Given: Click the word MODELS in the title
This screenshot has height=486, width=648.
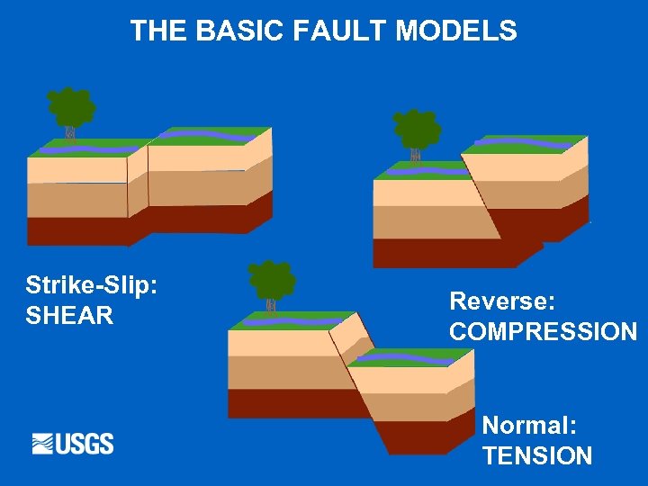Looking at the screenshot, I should (x=456, y=31).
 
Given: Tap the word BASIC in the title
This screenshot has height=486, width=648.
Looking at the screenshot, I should (x=244, y=31).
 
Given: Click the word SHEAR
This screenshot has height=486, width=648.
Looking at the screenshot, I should (x=69, y=316).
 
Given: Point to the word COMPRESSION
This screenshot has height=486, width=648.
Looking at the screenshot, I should (x=543, y=331).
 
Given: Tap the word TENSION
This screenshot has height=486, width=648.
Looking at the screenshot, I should (x=537, y=455).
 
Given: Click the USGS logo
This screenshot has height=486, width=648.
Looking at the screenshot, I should (x=73, y=444).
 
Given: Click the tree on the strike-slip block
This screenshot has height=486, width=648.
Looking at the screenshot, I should (x=71, y=108).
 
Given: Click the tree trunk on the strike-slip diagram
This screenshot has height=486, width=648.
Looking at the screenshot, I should (x=70, y=135).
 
